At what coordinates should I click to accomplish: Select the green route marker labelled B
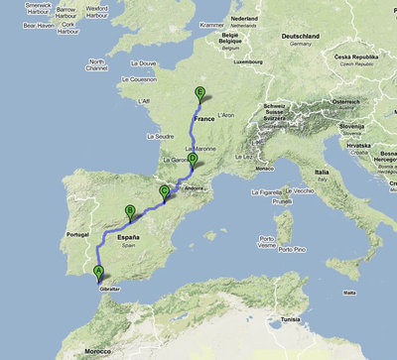pos(130,209)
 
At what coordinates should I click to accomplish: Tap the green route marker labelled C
pos(164,191)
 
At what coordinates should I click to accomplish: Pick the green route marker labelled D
pos(192,159)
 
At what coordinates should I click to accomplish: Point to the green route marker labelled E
pos(200,94)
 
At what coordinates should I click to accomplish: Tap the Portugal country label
pos(76,235)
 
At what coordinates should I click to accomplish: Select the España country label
pos(128,239)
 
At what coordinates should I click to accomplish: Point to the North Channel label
pos(97,65)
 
